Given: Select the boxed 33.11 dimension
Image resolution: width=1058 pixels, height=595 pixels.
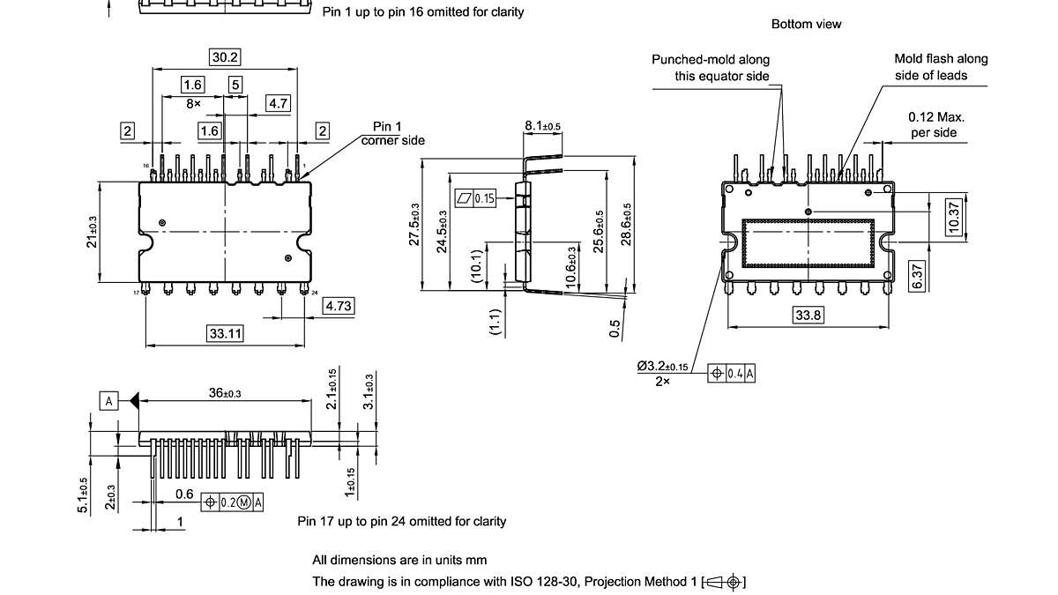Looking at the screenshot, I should click(225, 333).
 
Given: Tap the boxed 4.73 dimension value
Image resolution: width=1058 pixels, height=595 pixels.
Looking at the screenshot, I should click(339, 306).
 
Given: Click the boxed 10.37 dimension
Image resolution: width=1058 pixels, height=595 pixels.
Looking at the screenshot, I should click(953, 215).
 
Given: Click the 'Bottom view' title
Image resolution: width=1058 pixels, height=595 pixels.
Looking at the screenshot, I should click(806, 24).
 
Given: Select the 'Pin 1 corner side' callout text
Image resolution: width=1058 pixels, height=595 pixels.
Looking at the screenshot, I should click(392, 133).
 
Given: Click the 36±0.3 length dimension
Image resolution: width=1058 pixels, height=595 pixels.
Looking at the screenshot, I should click(225, 393).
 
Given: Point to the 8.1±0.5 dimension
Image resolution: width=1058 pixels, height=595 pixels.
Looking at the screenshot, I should click(543, 126).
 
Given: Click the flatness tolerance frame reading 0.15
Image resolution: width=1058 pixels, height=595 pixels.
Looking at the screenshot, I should click(476, 198).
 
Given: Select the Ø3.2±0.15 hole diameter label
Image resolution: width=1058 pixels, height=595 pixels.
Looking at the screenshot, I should click(663, 366).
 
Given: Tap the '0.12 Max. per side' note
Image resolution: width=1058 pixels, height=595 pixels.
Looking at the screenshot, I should click(937, 124).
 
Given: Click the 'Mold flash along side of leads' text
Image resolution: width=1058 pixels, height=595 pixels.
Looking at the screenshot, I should click(941, 67).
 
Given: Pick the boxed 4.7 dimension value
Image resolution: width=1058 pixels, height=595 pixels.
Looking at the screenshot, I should click(279, 104).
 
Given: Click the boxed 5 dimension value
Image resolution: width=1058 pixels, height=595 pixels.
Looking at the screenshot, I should click(235, 85).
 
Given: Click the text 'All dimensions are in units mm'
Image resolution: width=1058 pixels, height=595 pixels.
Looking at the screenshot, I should click(399, 560).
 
